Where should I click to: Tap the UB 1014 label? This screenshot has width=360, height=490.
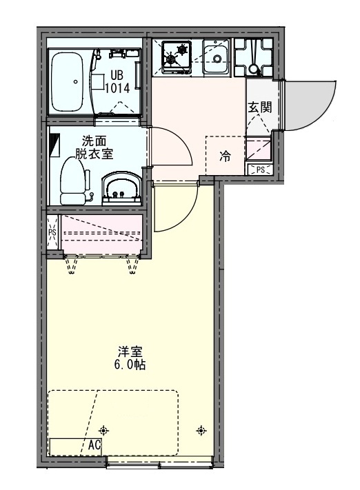click(114, 81)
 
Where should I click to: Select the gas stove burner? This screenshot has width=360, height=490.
click(176, 54)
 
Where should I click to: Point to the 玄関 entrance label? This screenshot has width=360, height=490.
click(259, 107)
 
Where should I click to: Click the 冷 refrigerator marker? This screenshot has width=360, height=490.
click(225, 156)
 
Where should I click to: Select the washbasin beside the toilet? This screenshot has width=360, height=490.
click(122, 188)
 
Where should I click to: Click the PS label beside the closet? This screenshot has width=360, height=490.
click(52, 232)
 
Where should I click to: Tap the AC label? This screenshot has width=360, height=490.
click(94, 445)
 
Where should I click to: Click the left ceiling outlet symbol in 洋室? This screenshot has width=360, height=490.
click(103, 429)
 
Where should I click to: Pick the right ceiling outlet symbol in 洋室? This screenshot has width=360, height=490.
click(201, 431)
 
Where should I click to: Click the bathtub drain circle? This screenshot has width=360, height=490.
click(74, 81)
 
